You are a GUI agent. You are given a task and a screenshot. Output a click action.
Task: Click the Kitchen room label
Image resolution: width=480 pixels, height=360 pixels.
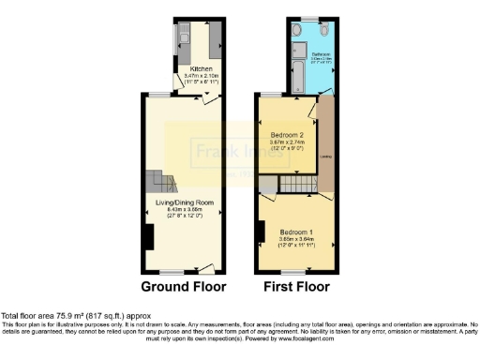[201, 69]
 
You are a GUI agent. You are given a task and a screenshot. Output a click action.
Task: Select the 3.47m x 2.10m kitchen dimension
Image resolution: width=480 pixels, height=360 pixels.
[202, 77]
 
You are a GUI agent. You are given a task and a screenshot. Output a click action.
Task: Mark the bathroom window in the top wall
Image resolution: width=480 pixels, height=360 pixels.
[308, 19]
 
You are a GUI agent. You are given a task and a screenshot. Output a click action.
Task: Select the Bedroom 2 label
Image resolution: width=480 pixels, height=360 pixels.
[286, 135]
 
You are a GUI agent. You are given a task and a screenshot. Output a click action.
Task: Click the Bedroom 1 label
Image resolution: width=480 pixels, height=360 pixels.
[295, 231]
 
